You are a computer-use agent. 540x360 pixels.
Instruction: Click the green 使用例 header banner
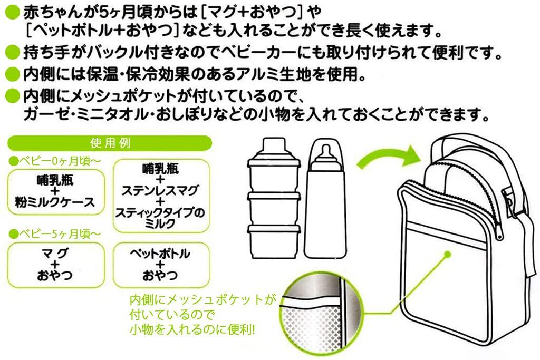(110, 143)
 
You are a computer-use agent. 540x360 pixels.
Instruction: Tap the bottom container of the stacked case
(274, 242)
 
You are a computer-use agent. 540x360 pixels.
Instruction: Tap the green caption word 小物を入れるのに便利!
(192, 330)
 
